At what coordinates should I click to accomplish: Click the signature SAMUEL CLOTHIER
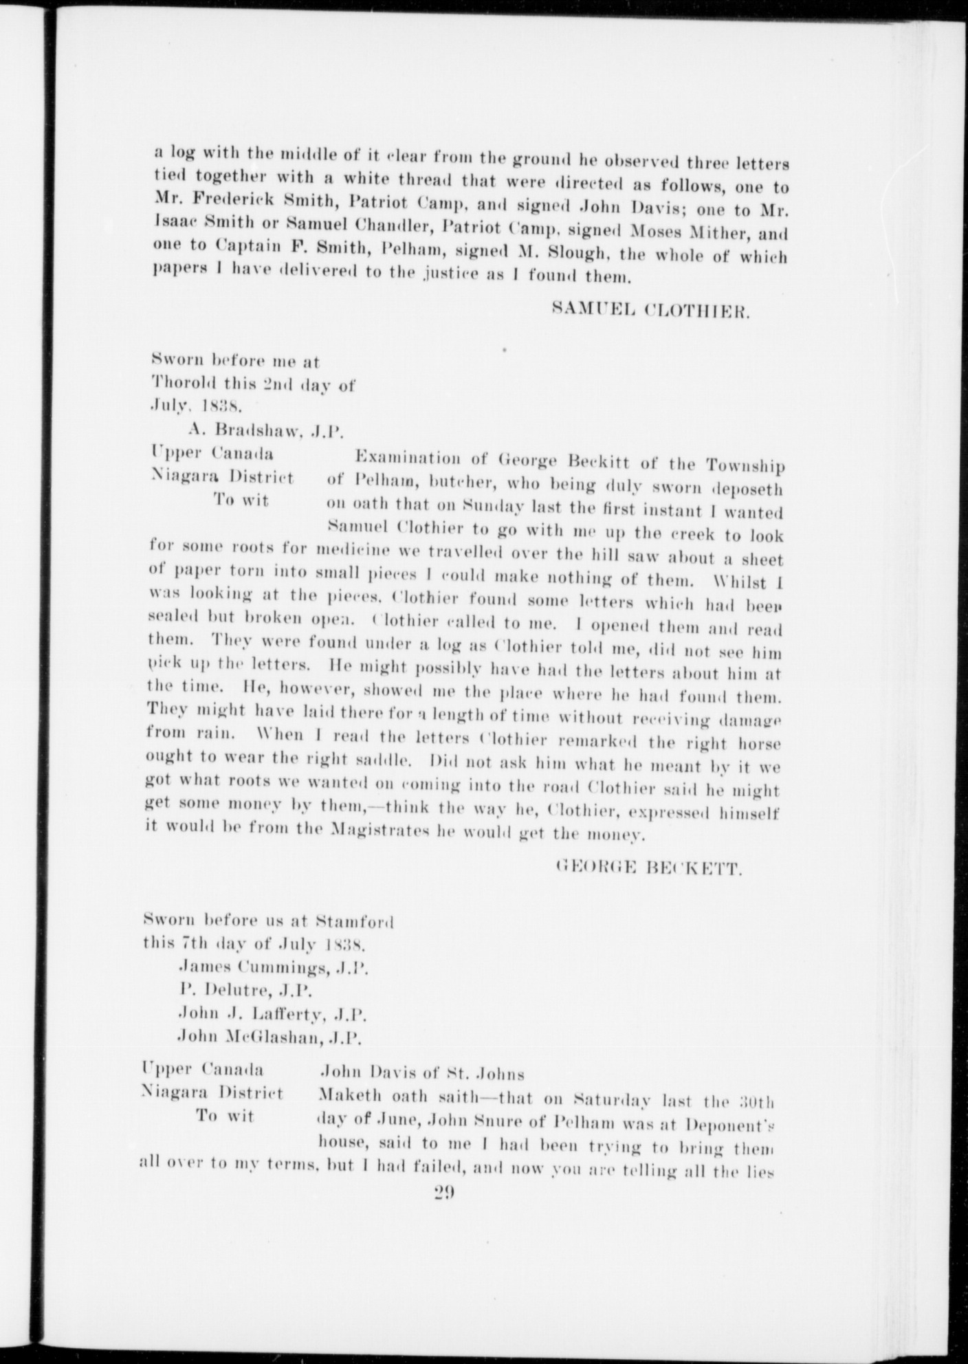pos(650,311)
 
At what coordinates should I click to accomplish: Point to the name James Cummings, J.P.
pos(274,969)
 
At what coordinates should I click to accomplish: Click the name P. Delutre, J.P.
pos(245,991)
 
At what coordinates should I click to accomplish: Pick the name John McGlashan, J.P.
pos(274,1037)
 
